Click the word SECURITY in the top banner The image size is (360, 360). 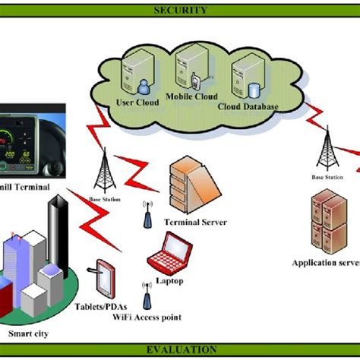[180, 10]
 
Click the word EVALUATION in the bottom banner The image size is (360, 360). [180, 349]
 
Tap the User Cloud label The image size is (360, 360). [134, 102]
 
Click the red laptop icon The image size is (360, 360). [168, 253]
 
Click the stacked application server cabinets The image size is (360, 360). [325, 219]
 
